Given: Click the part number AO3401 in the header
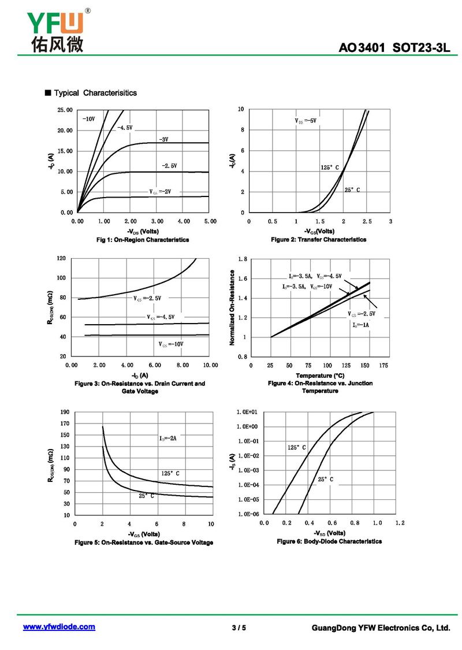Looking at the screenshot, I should point(362,48).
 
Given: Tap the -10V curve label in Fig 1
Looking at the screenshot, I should point(88,118).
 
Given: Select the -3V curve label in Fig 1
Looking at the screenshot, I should point(163,139).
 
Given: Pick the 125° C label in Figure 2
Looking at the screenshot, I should point(330,168).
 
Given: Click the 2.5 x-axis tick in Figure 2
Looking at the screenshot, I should point(367,221).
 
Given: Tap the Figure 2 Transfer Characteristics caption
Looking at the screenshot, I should point(318,239).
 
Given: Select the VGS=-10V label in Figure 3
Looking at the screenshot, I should point(171,344).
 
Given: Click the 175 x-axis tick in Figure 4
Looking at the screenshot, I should point(384,366).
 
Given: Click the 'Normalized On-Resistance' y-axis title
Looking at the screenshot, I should point(232,308).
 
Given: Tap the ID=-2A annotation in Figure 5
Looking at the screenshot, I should point(167,439).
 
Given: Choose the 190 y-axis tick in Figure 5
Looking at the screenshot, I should point(65,412).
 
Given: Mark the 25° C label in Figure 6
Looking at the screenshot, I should point(325,480).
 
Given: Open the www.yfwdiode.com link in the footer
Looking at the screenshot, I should point(59,627).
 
